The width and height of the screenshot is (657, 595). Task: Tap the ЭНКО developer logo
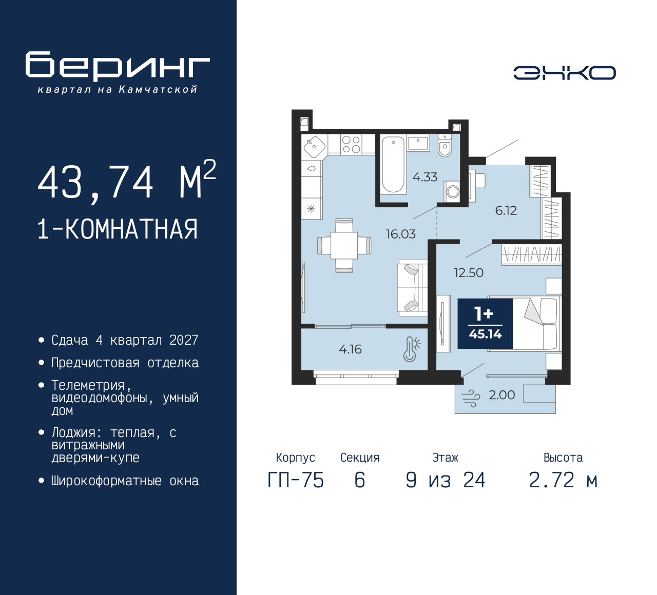(x=564, y=73)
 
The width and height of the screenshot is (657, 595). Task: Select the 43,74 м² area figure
(x=126, y=182)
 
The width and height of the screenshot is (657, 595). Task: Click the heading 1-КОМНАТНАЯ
(x=118, y=229)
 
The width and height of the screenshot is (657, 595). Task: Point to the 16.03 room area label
(x=400, y=234)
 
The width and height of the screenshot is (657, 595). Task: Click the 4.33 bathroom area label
(x=424, y=177)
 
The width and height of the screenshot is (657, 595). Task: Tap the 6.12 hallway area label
(x=506, y=211)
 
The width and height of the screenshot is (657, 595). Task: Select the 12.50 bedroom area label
(x=468, y=273)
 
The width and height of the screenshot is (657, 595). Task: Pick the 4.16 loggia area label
(x=350, y=350)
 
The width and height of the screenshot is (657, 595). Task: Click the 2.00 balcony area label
(x=501, y=395)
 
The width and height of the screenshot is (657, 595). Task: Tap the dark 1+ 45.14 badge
(x=485, y=324)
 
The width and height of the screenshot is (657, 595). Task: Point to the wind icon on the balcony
(x=471, y=398)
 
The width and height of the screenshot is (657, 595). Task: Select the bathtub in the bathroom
(x=394, y=164)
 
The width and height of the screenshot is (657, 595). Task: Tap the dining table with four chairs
(x=344, y=245)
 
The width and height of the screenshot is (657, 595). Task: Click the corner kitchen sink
(x=314, y=147)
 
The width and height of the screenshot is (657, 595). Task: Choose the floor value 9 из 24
(x=445, y=480)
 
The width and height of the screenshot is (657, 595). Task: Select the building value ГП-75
(x=296, y=480)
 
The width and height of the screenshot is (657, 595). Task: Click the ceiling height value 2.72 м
(x=563, y=480)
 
